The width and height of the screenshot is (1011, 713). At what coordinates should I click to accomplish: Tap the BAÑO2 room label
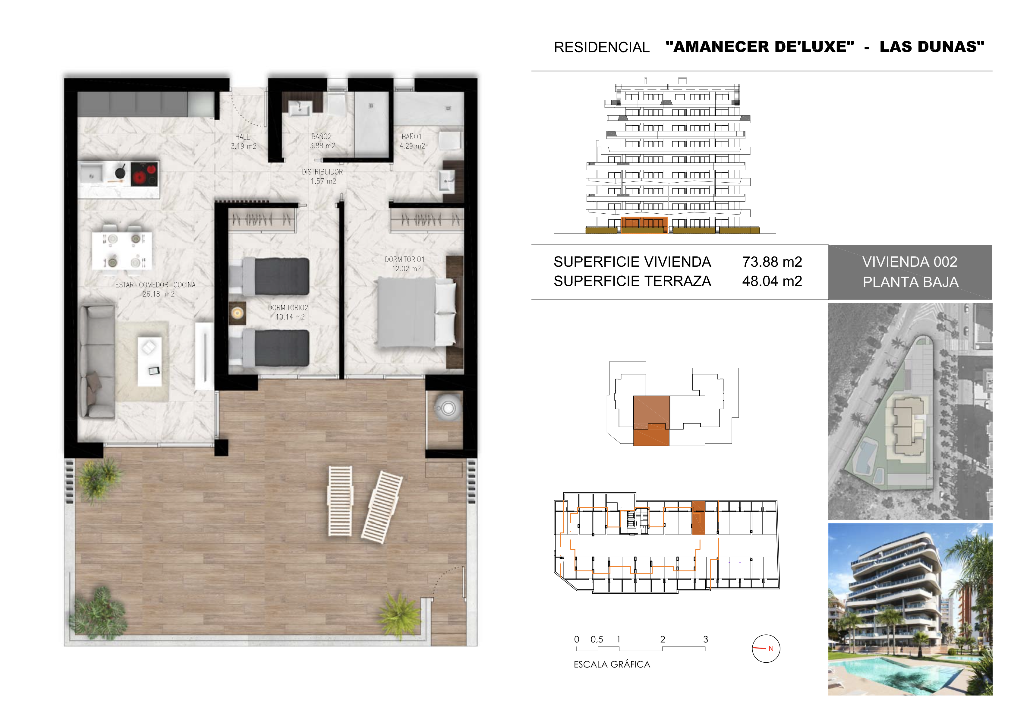pos(321,137)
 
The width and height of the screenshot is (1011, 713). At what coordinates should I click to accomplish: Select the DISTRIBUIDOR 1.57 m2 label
pos(322,177)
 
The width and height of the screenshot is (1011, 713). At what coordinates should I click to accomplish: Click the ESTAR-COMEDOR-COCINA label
pos(156,285)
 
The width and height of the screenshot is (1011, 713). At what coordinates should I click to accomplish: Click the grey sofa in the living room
pos(97,362)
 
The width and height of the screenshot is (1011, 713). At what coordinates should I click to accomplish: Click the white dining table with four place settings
pos(122,250)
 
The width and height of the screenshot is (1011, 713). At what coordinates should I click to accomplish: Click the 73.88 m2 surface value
pos(772,262)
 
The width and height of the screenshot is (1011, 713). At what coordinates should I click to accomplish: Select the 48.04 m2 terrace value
pos(772,281)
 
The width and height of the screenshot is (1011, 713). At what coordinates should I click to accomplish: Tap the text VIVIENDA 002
pos(910,262)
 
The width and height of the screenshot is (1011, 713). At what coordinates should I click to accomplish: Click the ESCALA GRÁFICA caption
pos(612,664)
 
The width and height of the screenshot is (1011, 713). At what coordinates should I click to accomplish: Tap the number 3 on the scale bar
pos(705,639)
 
